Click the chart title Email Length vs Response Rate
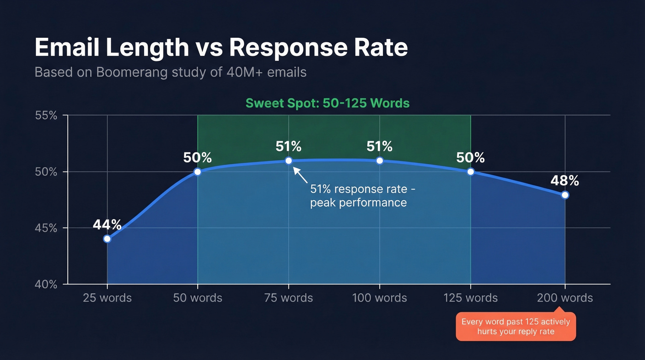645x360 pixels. (221, 48)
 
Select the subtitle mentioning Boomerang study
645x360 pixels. (170, 72)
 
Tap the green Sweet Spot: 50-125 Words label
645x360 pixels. (327, 103)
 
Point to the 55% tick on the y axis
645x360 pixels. (46, 115)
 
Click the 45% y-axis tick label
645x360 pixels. (46, 228)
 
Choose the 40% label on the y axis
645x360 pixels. (46, 284)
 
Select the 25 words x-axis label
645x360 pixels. (107, 298)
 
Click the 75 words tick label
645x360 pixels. (288, 298)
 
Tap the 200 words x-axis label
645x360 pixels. (565, 298)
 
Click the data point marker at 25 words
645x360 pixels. (107, 239)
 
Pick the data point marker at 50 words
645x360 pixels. (198, 172)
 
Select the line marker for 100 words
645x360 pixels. (380, 161)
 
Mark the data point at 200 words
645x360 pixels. (565, 195)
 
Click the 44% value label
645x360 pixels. (107, 225)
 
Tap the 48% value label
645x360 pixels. (565, 181)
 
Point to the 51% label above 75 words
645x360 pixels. (288, 147)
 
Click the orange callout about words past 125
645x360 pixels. (516, 326)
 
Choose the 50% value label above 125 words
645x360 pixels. (470, 158)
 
